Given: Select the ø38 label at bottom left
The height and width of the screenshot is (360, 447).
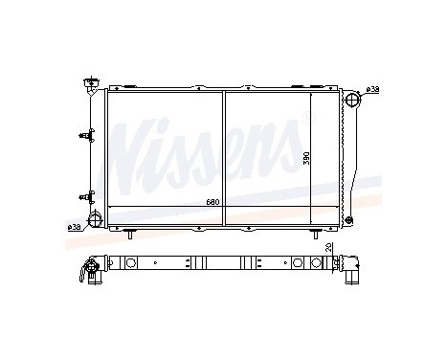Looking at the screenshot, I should pos(74,227).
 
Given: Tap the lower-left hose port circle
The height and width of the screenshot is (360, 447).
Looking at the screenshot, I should pos(96,221).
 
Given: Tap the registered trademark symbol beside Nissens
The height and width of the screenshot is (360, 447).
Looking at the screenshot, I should pos(306,116).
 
